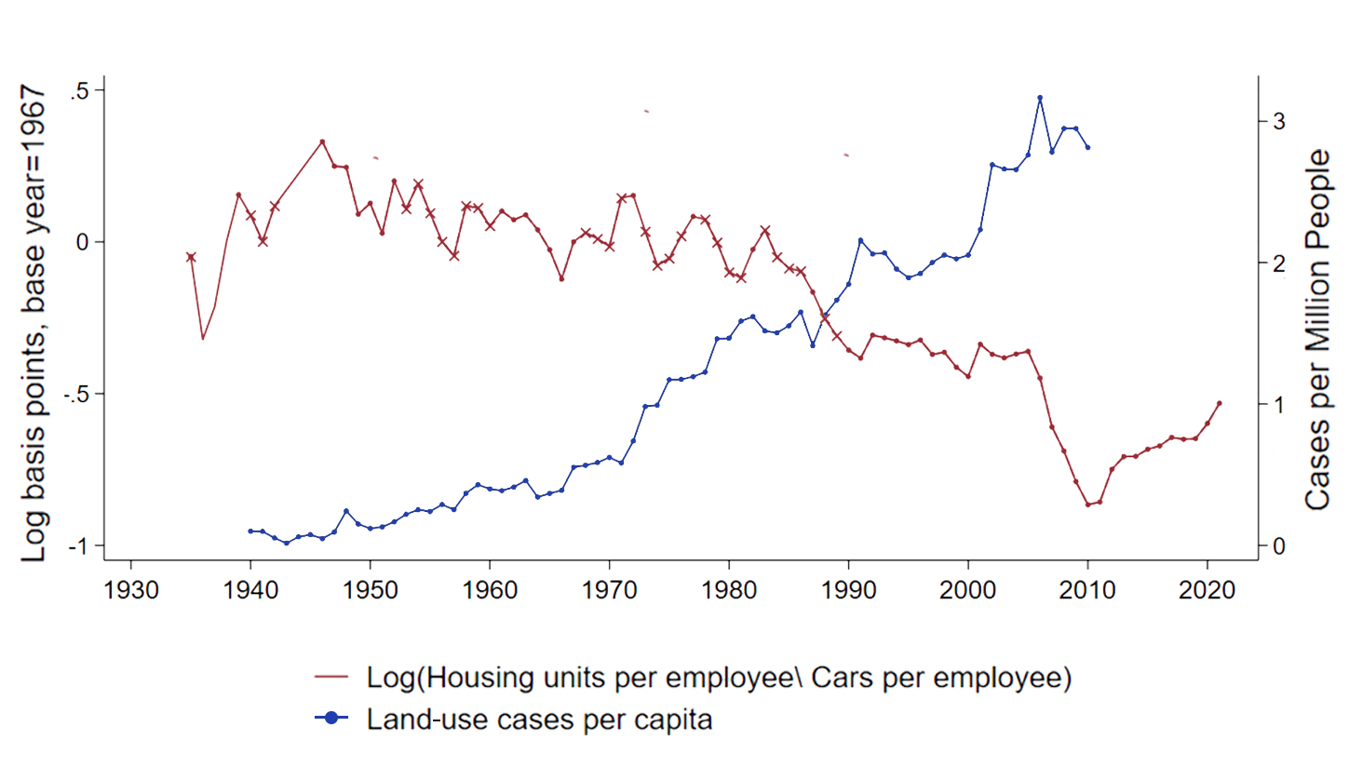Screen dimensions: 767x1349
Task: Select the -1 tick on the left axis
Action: point(78,545)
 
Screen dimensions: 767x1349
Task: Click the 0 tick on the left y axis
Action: point(83,242)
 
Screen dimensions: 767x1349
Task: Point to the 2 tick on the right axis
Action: point(1279,263)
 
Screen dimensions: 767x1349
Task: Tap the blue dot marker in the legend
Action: point(331,719)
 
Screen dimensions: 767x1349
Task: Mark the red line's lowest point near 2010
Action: point(1087,505)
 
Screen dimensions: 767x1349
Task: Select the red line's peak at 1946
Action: point(322,141)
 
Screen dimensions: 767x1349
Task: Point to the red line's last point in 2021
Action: point(1220,403)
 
